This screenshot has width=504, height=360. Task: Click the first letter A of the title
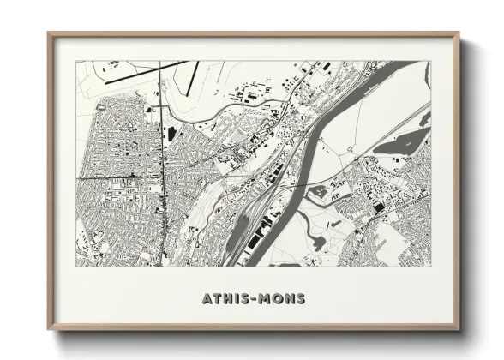click(x=207, y=299)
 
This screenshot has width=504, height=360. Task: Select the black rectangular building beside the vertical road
click(x=169, y=135)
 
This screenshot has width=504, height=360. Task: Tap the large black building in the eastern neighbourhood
click(x=378, y=206)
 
